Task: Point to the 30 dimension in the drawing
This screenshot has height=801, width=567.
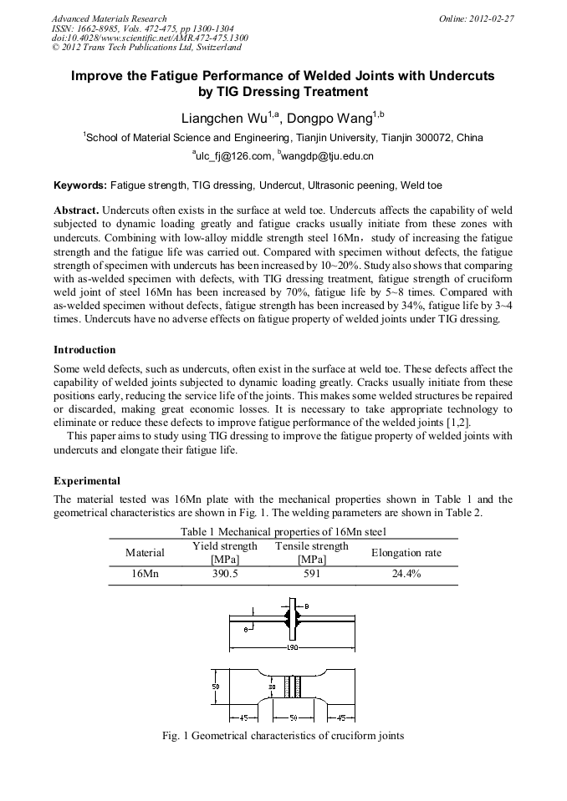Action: coord(272,687)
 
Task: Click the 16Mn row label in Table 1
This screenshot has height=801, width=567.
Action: coord(145,575)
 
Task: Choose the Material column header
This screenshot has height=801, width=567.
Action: coord(145,552)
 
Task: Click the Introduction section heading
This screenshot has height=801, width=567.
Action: coord(84,349)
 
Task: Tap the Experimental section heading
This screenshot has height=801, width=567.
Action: coord(87,481)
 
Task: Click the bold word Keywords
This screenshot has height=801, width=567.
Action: coord(80,184)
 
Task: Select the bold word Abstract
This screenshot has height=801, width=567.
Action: coord(76,210)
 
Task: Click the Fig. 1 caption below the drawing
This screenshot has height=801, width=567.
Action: coord(283,736)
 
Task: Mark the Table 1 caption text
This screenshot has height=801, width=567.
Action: coord(283,531)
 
